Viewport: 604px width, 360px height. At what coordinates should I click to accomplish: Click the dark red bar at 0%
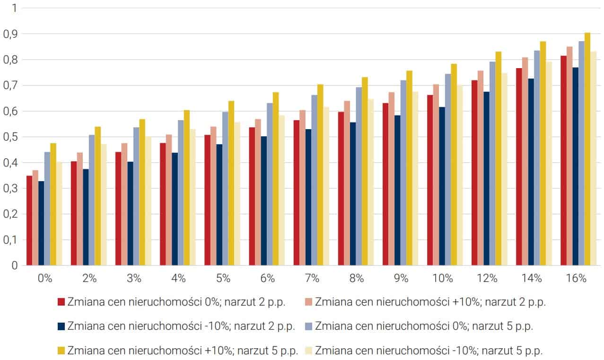[x=29, y=220]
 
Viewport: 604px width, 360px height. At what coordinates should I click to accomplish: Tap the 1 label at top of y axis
[x=14, y=9]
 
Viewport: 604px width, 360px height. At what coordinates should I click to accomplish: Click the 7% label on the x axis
[x=312, y=278]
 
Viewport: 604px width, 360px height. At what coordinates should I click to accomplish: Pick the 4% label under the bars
[x=178, y=278]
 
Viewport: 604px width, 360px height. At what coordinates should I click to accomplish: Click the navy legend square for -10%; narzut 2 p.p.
[x=61, y=326]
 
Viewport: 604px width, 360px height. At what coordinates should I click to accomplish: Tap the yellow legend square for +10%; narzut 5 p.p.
[x=61, y=351]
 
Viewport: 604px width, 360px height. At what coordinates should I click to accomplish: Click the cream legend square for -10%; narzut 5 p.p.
[x=308, y=351]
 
